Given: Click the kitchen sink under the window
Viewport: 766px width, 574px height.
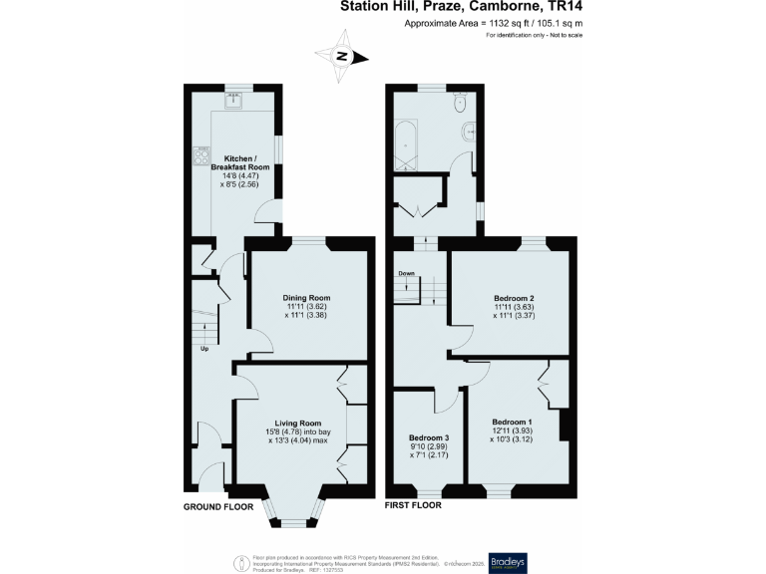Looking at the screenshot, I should click(x=236, y=100).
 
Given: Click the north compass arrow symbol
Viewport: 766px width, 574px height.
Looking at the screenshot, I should click(x=342, y=58).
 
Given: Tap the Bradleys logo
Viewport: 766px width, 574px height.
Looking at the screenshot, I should click(x=507, y=559).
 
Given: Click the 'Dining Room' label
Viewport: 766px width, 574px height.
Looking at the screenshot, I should click(x=306, y=298).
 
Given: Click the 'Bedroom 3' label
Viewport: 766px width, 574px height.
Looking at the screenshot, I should click(x=428, y=437).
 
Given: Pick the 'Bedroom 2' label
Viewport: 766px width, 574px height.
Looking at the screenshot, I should click(x=514, y=298).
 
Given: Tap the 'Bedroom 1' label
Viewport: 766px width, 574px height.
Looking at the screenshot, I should click(x=511, y=422).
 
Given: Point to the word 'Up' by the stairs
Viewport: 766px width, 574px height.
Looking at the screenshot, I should click(x=205, y=350).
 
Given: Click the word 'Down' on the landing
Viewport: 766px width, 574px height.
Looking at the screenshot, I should click(x=406, y=273).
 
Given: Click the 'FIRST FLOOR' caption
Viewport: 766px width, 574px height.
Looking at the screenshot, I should click(x=413, y=506).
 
